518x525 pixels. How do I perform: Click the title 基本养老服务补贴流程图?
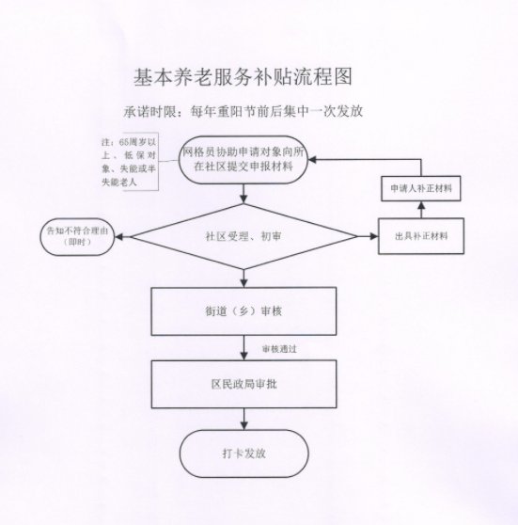point(243,77)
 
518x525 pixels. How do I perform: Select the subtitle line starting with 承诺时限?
point(243,111)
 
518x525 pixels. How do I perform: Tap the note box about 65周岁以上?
point(130,162)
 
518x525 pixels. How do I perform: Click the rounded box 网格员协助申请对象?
point(243,160)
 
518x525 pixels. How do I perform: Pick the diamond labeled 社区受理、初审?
point(243,236)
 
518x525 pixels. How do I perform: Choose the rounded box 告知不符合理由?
point(77,236)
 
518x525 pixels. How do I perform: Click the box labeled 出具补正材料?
point(421,236)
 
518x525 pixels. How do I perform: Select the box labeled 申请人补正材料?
point(421,188)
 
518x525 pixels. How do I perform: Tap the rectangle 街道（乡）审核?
point(243,311)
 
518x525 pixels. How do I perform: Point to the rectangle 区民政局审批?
point(243,384)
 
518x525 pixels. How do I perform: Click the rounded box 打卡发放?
point(243,453)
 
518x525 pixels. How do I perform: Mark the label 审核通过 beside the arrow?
point(279,349)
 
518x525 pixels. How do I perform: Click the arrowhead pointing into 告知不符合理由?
point(119,237)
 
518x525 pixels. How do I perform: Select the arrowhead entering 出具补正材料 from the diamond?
point(374,236)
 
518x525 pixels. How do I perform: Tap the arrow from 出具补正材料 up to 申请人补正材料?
point(421,210)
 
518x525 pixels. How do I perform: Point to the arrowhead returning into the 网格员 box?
point(312,160)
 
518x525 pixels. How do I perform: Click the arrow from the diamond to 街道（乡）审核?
point(243,278)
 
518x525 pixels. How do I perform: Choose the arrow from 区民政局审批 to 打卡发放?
point(243,419)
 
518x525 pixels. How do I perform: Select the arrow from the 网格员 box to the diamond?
point(243,194)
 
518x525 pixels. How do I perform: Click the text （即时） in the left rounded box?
point(77,242)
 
